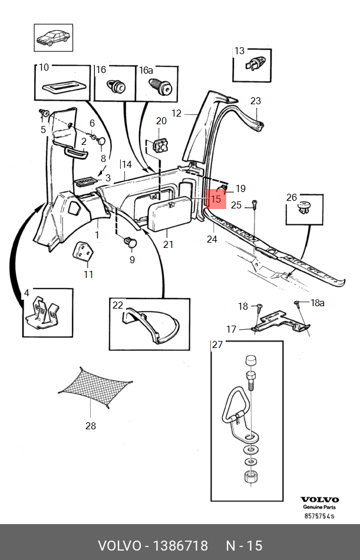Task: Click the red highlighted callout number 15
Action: pos(216,198)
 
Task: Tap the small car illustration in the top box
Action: pos(54,38)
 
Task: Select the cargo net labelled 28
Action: pos(95,388)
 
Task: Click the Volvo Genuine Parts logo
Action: pos(319,503)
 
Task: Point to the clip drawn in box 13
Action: pos(255,63)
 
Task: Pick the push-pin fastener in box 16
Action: pos(117,86)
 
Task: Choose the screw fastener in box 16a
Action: pos(160,86)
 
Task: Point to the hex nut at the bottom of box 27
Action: pos(252,477)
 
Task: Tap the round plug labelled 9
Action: pos(130,242)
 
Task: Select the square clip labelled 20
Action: pos(160,145)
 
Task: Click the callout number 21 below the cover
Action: pos(168,244)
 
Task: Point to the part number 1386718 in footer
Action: pos(180,546)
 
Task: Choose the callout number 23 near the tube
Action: pos(256,101)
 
